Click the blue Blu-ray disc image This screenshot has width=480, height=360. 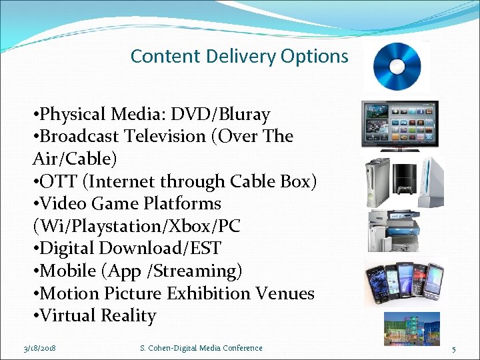click(397, 66)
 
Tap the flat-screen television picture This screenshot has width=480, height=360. click(399, 124)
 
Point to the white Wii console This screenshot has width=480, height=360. click(431, 181)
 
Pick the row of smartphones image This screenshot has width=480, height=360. click(404, 283)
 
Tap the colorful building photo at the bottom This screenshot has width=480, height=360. click(411, 328)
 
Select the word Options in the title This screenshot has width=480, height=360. click(315, 56)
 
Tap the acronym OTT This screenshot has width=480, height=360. click(59, 181)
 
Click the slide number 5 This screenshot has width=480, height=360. click(453, 349)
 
